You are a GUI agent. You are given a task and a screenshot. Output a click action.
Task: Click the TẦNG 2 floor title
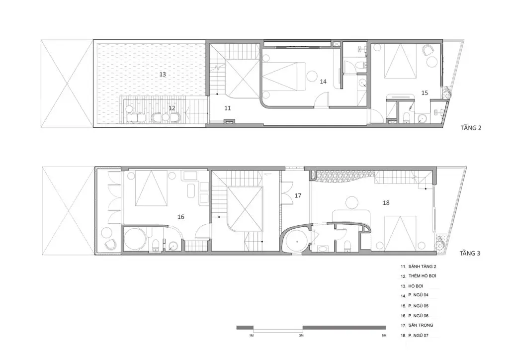point(471,128)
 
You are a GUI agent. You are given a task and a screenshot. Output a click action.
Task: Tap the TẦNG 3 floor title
point(470,253)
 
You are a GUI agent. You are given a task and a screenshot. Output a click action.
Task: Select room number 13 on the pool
point(163,75)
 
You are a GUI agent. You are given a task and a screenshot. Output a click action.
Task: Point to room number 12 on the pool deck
point(171,108)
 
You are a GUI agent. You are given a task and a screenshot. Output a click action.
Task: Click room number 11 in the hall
point(228,108)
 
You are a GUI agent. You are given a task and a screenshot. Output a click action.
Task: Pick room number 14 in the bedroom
point(323,82)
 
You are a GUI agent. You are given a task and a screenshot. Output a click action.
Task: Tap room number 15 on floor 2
point(424,93)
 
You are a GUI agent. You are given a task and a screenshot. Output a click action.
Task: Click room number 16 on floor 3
point(181,217)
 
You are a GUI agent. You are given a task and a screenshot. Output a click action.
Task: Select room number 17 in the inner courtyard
point(298,196)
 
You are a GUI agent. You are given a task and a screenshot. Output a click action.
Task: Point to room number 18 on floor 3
point(386,203)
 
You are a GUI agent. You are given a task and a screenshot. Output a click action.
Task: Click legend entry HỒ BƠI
point(416,286)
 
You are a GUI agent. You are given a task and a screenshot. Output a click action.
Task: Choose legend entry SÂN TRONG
point(421,325)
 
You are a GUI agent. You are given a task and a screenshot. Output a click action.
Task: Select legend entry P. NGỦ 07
point(419,335)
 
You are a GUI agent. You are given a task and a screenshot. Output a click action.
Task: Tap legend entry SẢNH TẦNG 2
point(423,267)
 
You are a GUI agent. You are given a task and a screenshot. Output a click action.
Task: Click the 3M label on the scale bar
point(301,335)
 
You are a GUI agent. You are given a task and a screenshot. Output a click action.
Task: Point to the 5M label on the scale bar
point(384,335)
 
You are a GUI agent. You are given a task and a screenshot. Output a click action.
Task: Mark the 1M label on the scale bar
point(251,335)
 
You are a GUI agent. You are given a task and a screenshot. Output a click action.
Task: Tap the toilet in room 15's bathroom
point(406,117)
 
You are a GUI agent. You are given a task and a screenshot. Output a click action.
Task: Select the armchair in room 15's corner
point(428,50)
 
